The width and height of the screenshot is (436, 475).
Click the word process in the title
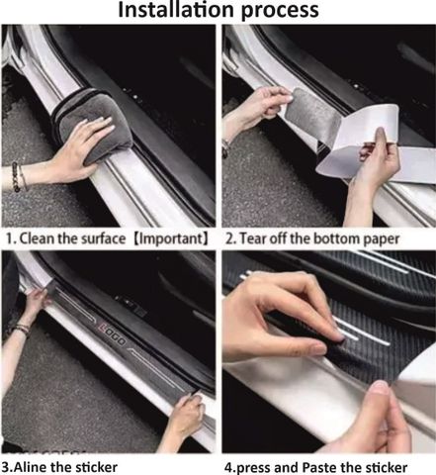click(x=280, y=12)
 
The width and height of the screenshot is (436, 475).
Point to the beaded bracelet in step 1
click(x=16, y=176)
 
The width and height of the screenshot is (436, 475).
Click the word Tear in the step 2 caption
click(x=253, y=238)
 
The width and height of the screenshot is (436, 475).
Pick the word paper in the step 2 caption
click(x=382, y=239)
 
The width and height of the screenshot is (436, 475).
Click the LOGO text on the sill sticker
click(x=113, y=335)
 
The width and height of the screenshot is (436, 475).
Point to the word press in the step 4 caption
click(x=254, y=468)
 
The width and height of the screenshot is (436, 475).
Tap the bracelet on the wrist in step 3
click(x=21, y=330)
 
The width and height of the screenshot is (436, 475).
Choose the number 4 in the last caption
click(x=228, y=468)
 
